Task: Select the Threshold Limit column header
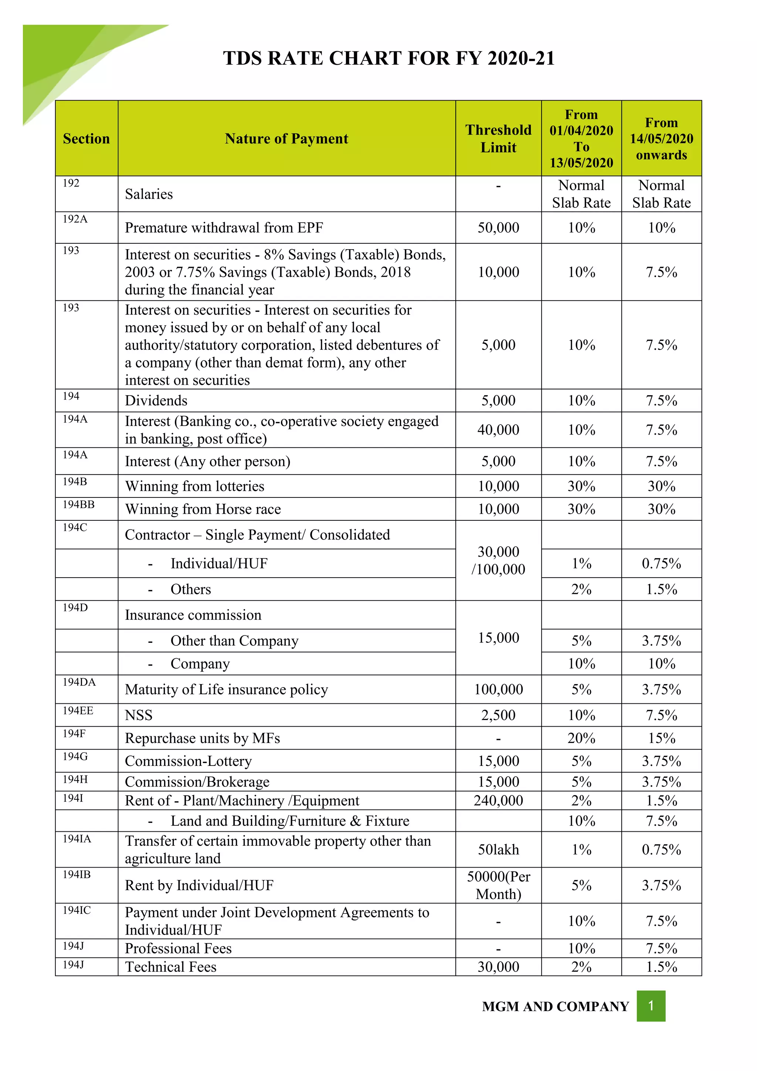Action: (x=498, y=139)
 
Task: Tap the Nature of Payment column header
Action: (x=286, y=139)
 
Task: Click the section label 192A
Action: (x=75, y=219)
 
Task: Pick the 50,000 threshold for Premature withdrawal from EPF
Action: (x=498, y=228)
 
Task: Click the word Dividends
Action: (x=156, y=401)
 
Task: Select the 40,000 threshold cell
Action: (x=498, y=430)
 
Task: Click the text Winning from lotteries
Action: (x=194, y=486)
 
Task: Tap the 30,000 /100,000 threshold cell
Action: (x=498, y=560)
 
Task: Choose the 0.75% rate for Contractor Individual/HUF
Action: (x=661, y=564)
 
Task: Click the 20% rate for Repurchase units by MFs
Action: (x=581, y=738)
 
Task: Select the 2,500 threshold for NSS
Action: (x=498, y=715)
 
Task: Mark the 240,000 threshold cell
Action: (x=498, y=800)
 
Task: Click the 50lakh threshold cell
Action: (x=498, y=849)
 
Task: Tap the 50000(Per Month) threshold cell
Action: (x=498, y=885)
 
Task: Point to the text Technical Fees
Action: (x=171, y=967)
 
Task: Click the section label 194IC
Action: (x=77, y=910)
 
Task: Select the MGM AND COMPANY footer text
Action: (x=555, y=1007)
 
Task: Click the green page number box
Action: (x=651, y=1006)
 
